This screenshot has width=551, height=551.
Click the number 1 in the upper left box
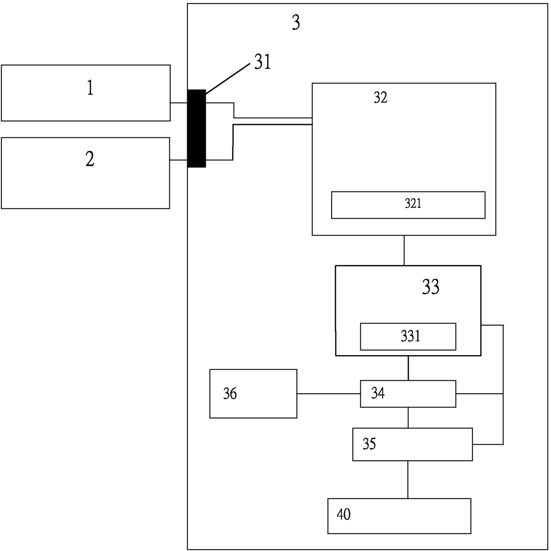[x=90, y=88]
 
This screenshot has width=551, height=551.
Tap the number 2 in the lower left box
[x=90, y=159]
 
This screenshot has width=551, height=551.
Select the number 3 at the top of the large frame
[x=296, y=22]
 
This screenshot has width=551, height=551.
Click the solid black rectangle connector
[x=197, y=128]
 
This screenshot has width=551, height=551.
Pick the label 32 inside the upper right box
[x=380, y=98]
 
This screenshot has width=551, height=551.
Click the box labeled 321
[x=408, y=205]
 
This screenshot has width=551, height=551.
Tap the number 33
[x=431, y=287]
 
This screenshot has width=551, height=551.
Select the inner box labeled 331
[x=408, y=336]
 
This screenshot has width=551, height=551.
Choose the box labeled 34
[x=408, y=394]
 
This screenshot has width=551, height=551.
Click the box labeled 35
[x=412, y=444]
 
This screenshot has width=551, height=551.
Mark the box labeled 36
[x=253, y=394]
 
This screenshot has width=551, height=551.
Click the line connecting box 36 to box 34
[x=328, y=394]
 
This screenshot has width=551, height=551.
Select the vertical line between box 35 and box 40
[x=408, y=479]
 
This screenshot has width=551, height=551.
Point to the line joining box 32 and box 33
[x=404, y=251]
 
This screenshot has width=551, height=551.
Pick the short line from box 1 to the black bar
[x=179, y=103]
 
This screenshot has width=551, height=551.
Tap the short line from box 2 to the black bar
[x=179, y=160]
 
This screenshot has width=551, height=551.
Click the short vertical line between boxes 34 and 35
[x=408, y=417]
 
